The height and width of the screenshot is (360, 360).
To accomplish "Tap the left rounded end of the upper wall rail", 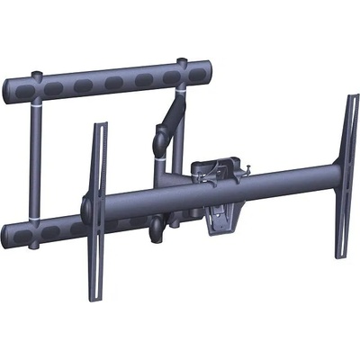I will point(8,87).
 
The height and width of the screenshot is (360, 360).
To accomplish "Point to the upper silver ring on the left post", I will point(35,105).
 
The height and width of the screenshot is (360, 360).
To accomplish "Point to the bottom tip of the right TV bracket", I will point(340,256).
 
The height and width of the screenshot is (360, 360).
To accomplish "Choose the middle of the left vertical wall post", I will point(35,162).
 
